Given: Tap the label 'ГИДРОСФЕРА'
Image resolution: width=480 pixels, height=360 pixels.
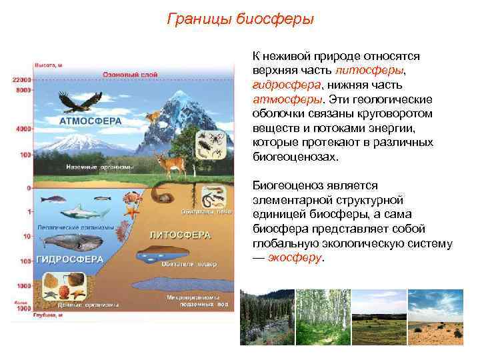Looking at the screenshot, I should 69,258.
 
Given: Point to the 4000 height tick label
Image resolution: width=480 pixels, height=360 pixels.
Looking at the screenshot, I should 24,127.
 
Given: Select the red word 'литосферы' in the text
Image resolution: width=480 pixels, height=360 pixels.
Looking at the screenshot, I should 369,70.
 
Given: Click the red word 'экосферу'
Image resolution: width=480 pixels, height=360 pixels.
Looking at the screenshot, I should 294,257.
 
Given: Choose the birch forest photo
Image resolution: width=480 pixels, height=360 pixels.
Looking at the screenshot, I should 323,317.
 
